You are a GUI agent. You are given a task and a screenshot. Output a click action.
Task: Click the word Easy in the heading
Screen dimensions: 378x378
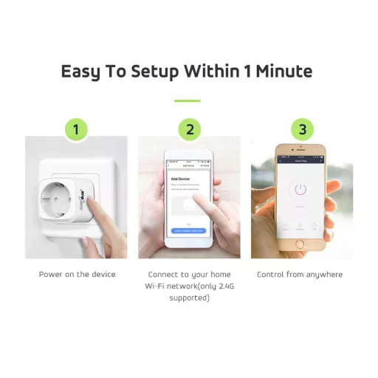click(x=83, y=72)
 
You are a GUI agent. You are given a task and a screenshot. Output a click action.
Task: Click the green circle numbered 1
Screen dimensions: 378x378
click(x=76, y=130)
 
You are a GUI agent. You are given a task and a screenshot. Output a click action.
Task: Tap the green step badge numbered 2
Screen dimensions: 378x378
click(x=189, y=130)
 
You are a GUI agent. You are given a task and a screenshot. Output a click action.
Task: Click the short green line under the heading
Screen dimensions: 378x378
click(x=188, y=100)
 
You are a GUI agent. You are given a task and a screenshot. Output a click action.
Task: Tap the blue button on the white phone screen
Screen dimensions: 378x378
click(x=188, y=231)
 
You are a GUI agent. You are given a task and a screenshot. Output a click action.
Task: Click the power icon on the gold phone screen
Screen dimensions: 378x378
click(x=300, y=190)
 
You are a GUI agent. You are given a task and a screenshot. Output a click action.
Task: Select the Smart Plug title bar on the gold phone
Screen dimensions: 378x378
click(x=301, y=159)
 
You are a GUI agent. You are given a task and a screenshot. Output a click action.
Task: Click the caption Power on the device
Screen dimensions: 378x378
click(x=77, y=275)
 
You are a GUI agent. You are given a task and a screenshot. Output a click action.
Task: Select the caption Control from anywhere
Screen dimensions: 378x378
click(x=300, y=275)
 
